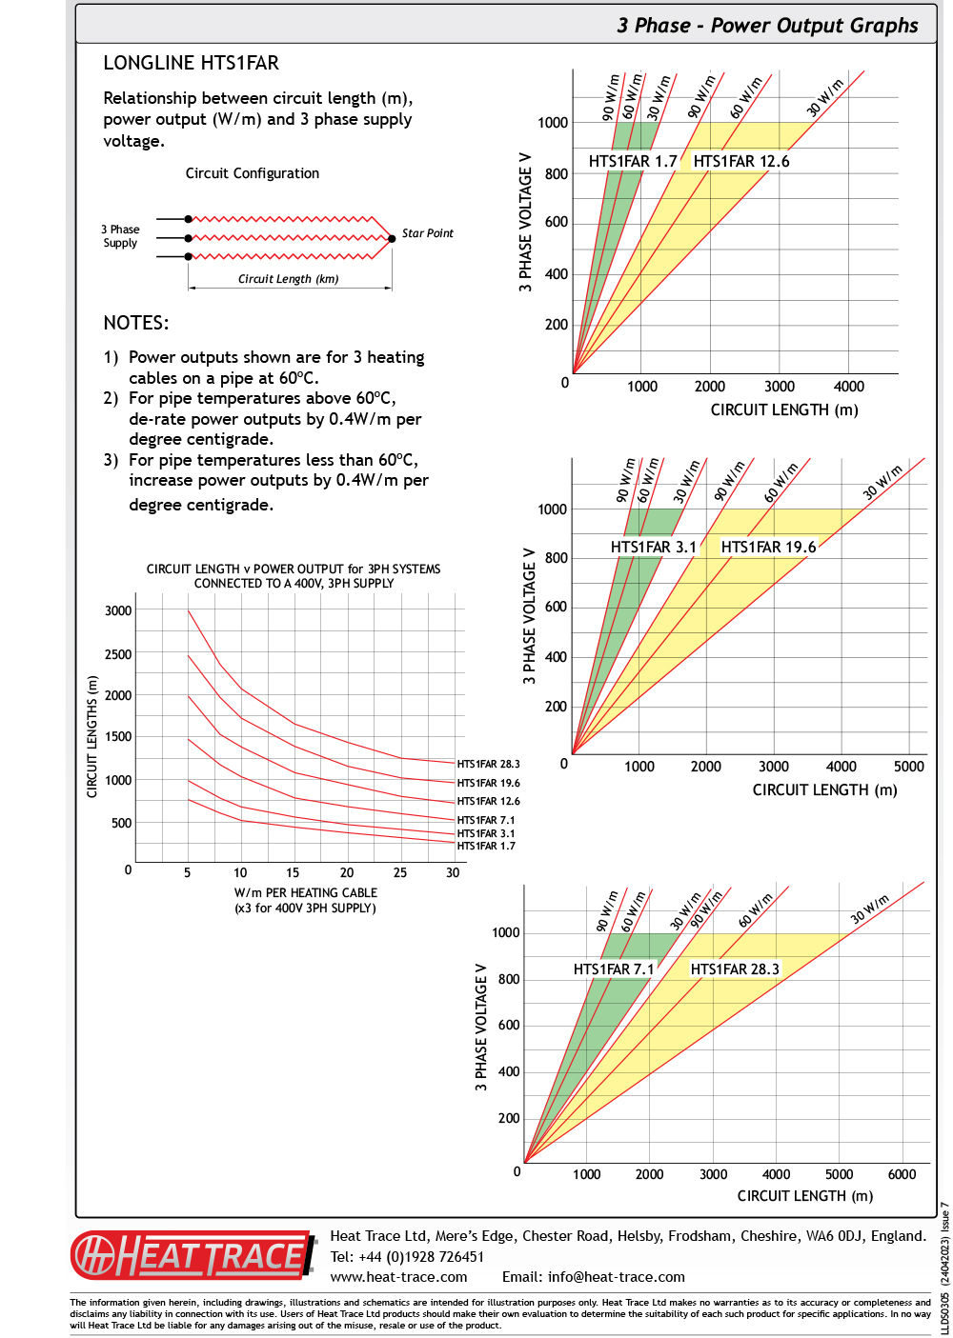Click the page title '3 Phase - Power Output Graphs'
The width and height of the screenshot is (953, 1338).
click(x=767, y=26)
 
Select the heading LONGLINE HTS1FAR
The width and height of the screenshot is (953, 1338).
click(x=191, y=64)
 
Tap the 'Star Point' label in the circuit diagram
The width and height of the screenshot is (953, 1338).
click(x=427, y=233)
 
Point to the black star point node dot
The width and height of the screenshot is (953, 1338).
click(x=392, y=238)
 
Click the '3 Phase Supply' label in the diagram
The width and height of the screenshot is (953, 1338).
click(x=120, y=236)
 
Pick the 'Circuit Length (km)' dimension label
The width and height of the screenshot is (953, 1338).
click(x=288, y=279)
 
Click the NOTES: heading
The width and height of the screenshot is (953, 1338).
click(x=136, y=323)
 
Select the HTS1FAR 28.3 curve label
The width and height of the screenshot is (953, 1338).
click(x=488, y=764)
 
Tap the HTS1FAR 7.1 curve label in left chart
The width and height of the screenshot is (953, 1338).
click(x=485, y=820)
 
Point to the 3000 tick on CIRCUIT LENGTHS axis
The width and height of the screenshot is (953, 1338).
click(x=118, y=610)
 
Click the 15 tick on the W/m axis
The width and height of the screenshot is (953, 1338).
click(x=293, y=872)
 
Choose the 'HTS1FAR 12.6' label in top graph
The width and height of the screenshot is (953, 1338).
click(x=741, y=162)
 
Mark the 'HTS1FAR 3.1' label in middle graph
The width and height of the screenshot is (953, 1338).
click(x=654, y=548)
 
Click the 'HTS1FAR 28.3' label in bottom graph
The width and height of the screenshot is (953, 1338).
click(x=735, y=969)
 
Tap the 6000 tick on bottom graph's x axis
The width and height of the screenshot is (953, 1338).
click(x=902, y=1174)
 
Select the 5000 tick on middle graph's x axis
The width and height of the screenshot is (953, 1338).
click(x=908, y=767)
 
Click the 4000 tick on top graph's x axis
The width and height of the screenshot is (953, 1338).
click(x=848, y=387)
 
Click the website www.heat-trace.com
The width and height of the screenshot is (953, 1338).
click(x=398, y=1277)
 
